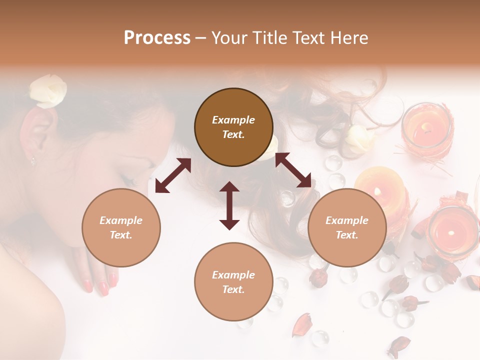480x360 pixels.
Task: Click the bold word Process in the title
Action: point(157,38)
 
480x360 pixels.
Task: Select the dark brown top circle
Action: point(233,127)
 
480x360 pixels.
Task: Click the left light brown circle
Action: point(121,227)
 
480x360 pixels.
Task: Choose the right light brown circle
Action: point(347,227)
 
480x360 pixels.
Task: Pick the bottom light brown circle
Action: point(233,282)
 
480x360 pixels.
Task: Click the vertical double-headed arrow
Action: point(229,205)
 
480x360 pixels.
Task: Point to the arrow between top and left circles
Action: point(173,175)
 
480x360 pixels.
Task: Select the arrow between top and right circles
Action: point(293,170)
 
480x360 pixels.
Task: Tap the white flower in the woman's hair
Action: point(47,91)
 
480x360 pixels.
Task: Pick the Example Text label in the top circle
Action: point(233,127)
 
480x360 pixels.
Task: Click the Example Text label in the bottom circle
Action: point(233,282)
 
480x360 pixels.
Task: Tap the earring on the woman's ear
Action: point(33,161)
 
